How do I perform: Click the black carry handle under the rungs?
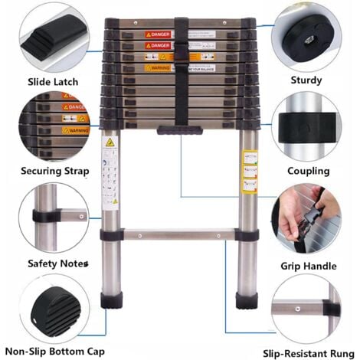click(x=180, y=131)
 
